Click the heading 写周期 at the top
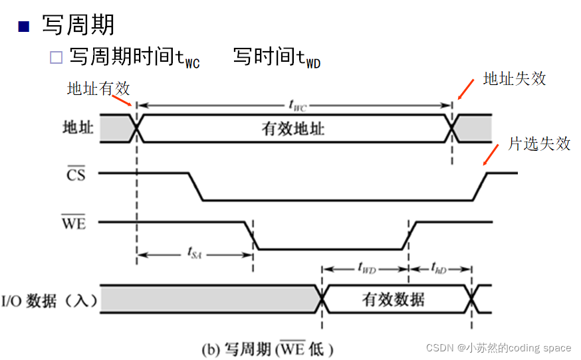click(x=78, y=25)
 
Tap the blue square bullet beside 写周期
click(x=24, y=27)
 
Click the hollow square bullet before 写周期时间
click(x=56, y=58)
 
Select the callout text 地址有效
click(x=98, y=89)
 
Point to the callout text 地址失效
click(x=515, y=78)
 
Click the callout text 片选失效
click(x=540, y=143)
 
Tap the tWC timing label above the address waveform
click(x=297, y=104)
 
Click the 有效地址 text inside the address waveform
click(x=293, y=128)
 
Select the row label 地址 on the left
click(x=78, y=128)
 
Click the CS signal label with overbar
click(x=76, y=175)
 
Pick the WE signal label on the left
click(x=74, y=223)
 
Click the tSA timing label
click(x=193, y=253)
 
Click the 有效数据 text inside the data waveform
click(x=393, y=300)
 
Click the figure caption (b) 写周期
click(x=267, y=348)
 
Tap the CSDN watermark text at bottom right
click(x=499, y=347)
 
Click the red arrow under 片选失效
click(x=489, y=155)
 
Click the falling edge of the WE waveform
click(x=251, y=236)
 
